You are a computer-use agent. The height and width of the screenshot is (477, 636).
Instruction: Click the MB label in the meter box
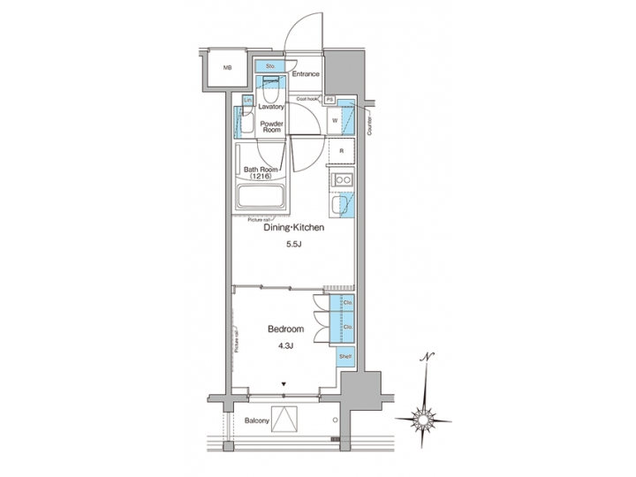[x=227, y=68]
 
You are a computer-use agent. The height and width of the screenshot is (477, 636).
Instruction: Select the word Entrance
[x=306, y=74]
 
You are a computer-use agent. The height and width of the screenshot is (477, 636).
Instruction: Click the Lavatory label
[x=271, y=106]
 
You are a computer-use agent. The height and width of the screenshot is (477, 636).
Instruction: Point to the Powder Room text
[x=270, y=125]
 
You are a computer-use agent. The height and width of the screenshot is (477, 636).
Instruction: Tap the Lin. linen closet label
[x=248, y=100]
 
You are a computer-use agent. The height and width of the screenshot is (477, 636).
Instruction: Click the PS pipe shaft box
[x=330, y=100]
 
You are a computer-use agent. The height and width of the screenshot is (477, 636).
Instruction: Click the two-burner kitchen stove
[x=342, y=181]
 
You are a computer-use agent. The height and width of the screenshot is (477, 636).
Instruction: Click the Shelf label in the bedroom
[x=345, y=356]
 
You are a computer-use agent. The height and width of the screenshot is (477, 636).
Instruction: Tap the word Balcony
[x=257, y=420]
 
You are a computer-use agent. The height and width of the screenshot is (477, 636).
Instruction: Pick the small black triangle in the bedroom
[x=284, y=384]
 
